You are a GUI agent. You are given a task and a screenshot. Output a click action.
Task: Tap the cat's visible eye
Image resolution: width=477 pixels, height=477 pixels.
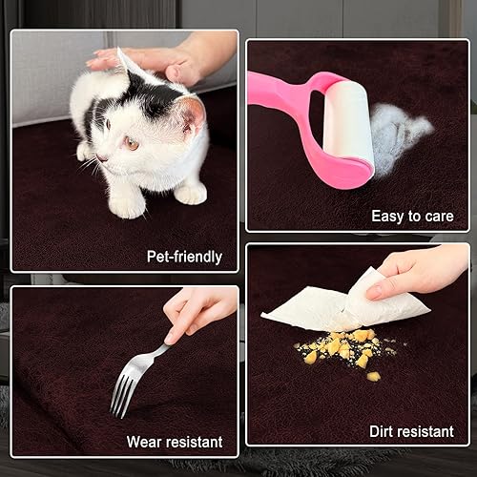coord(129,143)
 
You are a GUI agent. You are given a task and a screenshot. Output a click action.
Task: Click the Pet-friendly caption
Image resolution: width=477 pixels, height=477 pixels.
coord(184,256)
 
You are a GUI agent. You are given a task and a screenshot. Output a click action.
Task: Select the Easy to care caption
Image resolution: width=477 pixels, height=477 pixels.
coord(412,217)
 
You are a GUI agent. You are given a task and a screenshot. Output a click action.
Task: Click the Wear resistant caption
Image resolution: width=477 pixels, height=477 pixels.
coord(175,442)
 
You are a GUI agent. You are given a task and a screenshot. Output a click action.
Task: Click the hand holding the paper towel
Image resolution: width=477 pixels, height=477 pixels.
coord(420,272)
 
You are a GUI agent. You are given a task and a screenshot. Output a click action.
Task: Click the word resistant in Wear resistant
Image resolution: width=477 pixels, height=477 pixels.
coord(192,442)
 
